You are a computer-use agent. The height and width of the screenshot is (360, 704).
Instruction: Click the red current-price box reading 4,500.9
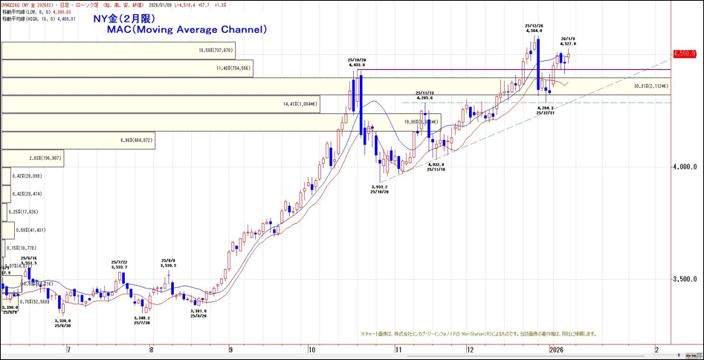coord(684,54)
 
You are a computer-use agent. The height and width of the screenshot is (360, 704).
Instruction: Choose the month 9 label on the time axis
coord(231,348)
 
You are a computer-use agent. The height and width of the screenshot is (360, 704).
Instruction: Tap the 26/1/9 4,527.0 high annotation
coord(569,42)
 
